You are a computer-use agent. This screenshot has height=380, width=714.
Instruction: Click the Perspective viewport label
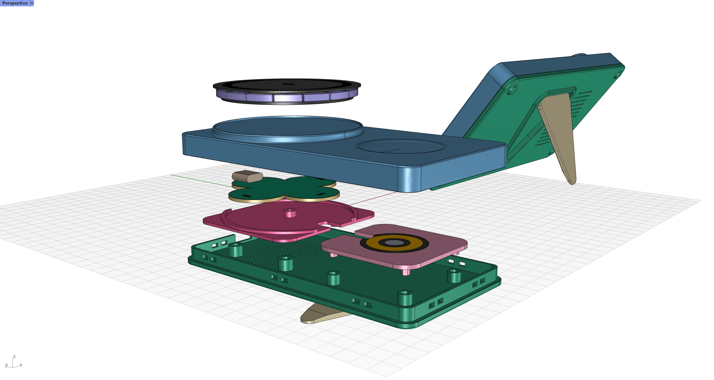coord(15,3)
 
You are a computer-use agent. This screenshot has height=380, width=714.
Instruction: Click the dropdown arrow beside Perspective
coord(32,3)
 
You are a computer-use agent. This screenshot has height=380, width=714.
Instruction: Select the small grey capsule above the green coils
coord(247,177)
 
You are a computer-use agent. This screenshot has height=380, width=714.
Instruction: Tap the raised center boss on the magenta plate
coord(290,213)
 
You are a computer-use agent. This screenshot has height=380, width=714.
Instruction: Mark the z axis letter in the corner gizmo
coord(14,357)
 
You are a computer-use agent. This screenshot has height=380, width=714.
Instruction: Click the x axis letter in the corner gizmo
coord(21,365)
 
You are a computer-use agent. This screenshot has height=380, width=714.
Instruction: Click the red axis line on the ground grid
coord(371,199)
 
